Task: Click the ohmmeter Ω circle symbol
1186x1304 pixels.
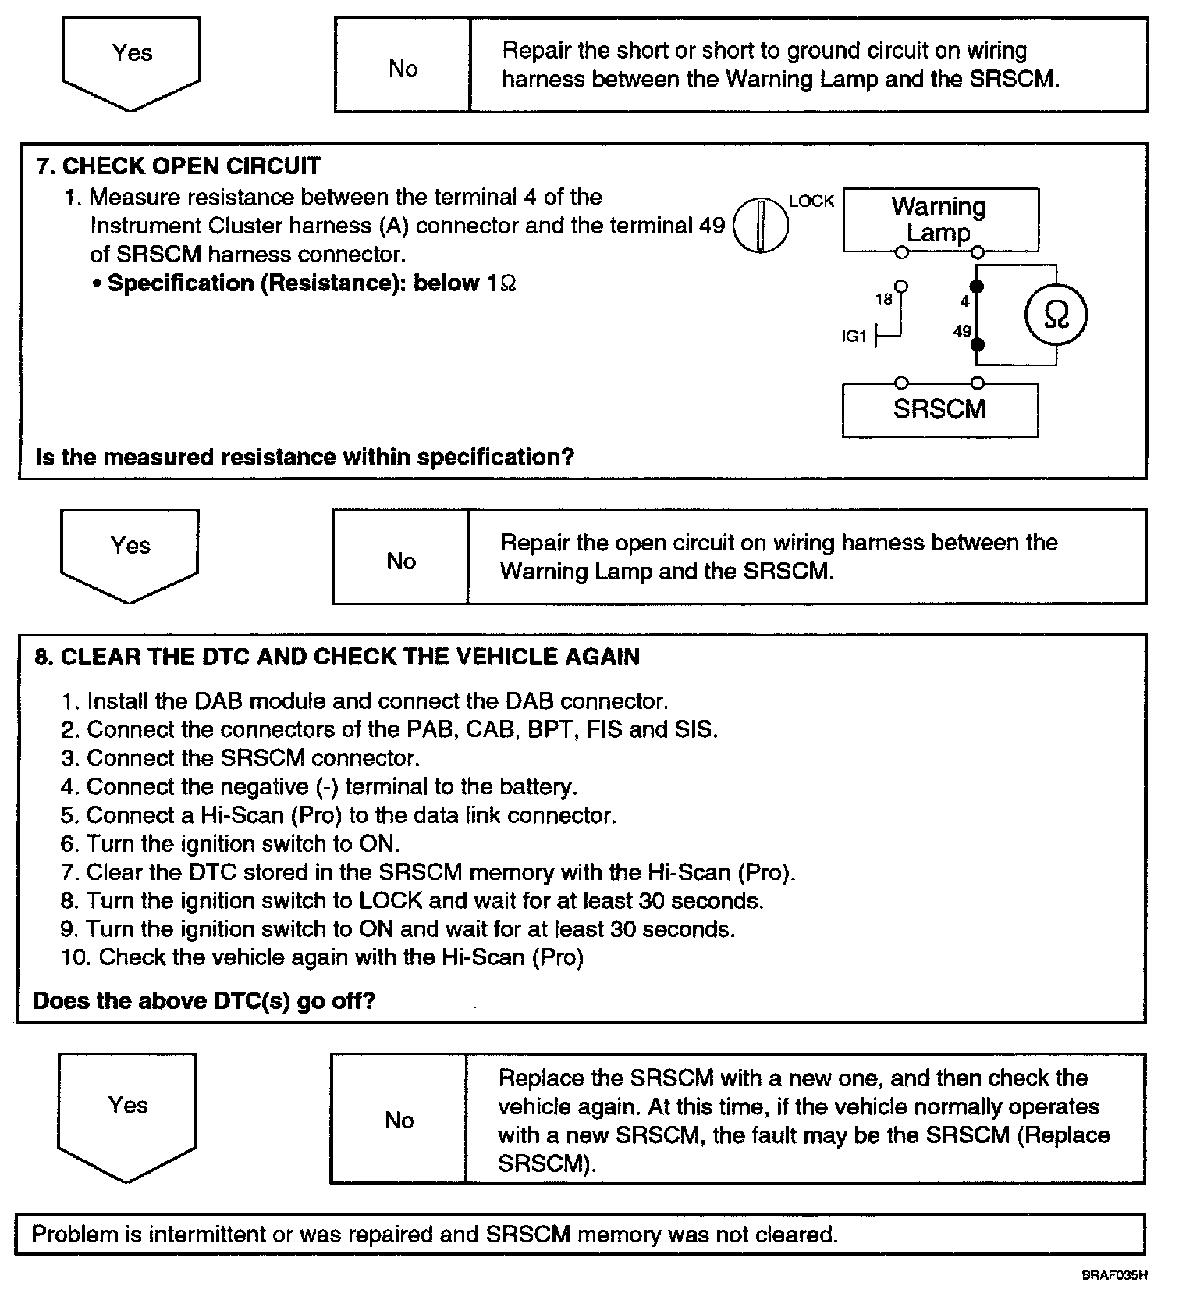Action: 1056,315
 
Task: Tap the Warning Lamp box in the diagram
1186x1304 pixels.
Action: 940,219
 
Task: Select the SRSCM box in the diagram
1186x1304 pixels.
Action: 939,409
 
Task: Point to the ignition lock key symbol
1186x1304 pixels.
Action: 761,225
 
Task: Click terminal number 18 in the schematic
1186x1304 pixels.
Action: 883,299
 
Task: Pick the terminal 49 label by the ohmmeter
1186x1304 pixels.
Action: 962,331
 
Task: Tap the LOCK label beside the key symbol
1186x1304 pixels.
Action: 811,201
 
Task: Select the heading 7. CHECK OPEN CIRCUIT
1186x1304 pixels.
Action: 178,166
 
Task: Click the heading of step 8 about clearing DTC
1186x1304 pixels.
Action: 336,657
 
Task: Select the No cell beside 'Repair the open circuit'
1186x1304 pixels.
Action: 401,561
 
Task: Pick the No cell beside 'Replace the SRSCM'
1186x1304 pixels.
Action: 399,1121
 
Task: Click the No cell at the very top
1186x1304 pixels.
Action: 403,69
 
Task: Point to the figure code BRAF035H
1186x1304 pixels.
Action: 1114,1276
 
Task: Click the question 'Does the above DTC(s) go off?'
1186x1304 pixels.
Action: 204,1001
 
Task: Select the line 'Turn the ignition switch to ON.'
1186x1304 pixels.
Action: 230,844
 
